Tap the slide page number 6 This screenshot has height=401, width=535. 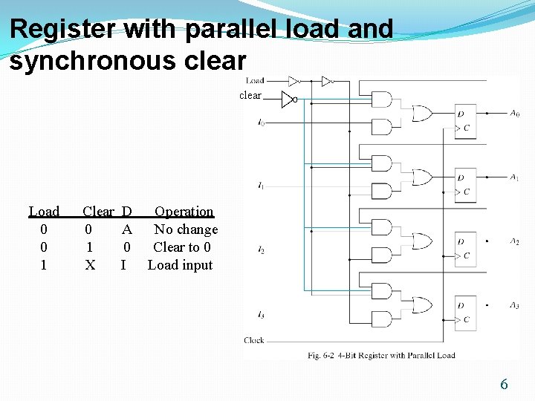pyautogui.click(x=504, y=384)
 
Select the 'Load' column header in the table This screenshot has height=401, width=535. pyautogui.click(x=44, y=212)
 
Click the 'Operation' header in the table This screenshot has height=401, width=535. pyautogui.click(x=184, y=212)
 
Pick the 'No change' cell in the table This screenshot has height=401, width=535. pyautogui.click(x=186, y=229)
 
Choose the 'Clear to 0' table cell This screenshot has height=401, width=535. pyautogui.click(x=182, y=247)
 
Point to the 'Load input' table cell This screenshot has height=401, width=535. pyautogui.click(x=181, y=265)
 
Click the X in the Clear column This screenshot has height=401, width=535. pyautogui.click(x=90, y=265)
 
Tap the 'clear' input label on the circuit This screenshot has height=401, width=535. pyautogui.click(x=250, y=95)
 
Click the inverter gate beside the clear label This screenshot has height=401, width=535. pyautogui.click(x=288, y=100)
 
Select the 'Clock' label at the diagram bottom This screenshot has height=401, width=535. pyautogui.click(x=254, y=340)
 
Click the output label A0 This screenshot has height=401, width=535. pyautogui.click(x=515, y=114)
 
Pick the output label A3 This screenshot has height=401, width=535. pyautogui.click(x=515, y=305)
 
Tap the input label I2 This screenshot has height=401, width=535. pyautogui.click(x=261, y=250)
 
